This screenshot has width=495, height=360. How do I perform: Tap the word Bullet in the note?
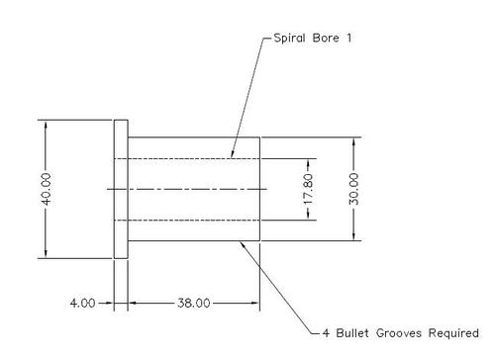358,332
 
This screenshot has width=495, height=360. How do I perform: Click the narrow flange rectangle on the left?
120,189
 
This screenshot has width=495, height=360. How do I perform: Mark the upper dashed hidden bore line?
188,158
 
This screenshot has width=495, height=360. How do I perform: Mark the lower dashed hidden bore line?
188,220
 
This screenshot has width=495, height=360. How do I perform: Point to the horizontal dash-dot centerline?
188,188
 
